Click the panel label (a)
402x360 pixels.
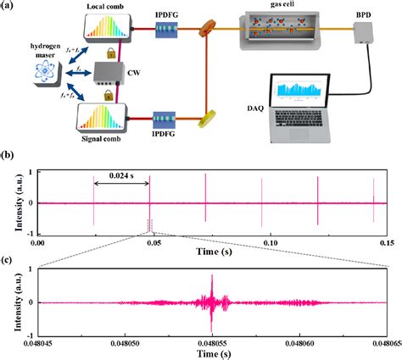coord(10,7)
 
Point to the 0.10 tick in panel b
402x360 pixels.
coord(271,241)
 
